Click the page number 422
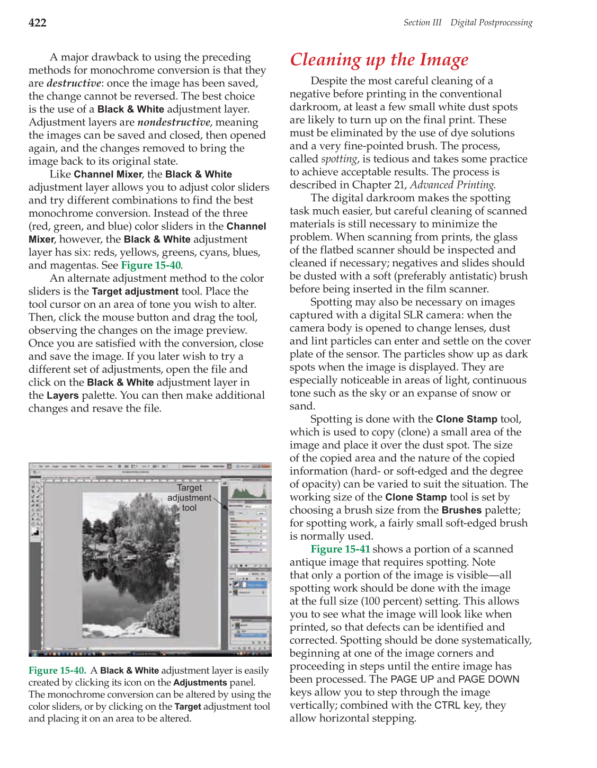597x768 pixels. pyautogui.click(x=38, y=23)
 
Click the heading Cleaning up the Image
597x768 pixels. pyautogui.click(x=379, y=60)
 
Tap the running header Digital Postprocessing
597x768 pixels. pyautogui.click(x=491, y=23)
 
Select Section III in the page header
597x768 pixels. pyautogui.click(x=422, y=23)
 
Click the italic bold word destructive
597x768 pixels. pyautogui.click(x=74, y=83)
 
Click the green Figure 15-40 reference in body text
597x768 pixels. pyautogui.click(x=151, y=265)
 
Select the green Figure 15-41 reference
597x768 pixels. pyautogui.click(x=340, y=549)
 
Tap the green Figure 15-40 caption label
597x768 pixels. pyautogui.click(x=57, y=671)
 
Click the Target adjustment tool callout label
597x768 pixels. pyautogui.click(x=189, y=497)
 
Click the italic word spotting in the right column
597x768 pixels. pyautogui.click(x=340, y=159)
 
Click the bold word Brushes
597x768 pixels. pyautogui.click(x=461, y=511)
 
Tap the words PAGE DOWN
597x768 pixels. pyautogui.click(x=488, y=680)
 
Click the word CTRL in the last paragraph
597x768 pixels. pyautogui.click(x=447, y=706)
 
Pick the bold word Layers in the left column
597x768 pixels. pyautogui.click(x=63, y=396)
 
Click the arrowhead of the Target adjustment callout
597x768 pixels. pyautogui.click(x=227, y=508)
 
